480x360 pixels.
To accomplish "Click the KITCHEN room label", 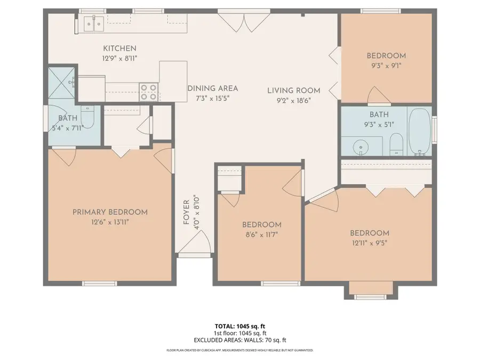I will pos(119,49).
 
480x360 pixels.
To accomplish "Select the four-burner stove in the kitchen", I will pos(149,92).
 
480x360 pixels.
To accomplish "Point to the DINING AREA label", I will pos(212,89).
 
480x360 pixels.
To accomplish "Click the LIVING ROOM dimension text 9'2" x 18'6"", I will pos(293,100).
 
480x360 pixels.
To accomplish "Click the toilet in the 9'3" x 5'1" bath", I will pos(396,144).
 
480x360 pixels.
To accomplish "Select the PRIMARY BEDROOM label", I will pos(110,212).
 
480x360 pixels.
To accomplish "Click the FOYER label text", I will pos(187,212).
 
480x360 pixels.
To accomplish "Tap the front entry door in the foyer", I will pos(189,245).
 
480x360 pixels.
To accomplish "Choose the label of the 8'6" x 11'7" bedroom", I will pos(261,225).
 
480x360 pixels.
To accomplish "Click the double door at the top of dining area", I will pos(234,21).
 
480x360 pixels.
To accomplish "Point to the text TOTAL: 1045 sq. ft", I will pos(239,325).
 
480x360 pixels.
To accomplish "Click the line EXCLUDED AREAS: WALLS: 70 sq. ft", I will pos(239,339).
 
